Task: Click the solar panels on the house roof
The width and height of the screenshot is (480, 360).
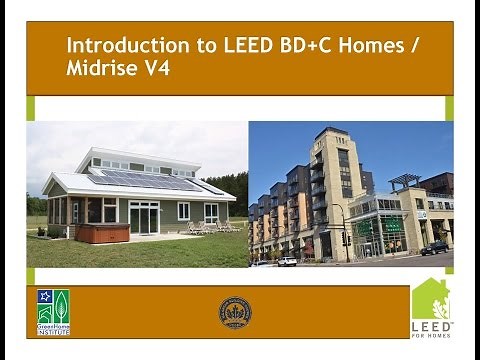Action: coord(150,180)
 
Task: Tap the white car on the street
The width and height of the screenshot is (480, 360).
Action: coord(287,261)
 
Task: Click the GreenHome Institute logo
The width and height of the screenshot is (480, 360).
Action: coord(53,311)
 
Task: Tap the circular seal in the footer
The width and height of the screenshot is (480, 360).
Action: coord(235,312)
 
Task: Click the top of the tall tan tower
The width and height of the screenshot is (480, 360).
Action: coord(330,134)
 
